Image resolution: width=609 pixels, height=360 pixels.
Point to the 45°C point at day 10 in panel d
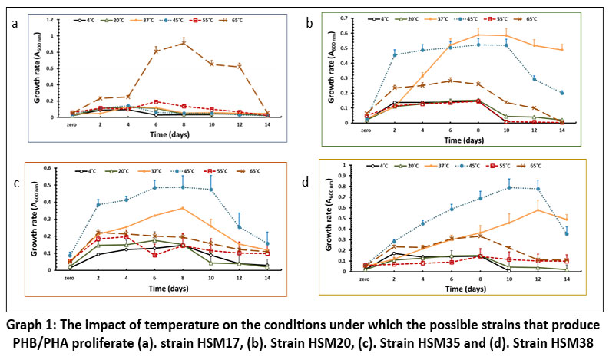click(x=530, y=187)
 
